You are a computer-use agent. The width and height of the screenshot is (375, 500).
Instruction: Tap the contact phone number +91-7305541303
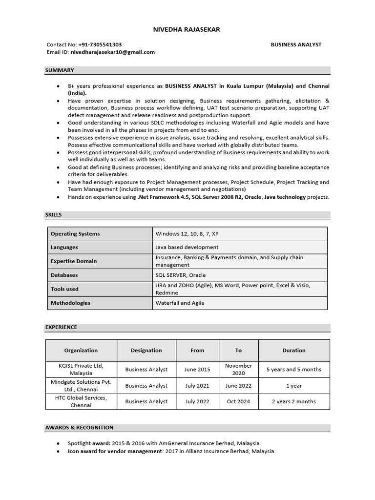pyautogui.click(x=100, y=44)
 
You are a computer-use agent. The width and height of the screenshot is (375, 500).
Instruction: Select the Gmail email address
pyautogui.click(x=112, y=52)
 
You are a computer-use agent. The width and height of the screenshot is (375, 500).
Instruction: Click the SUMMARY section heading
pyautogui.click(x=60, y=70)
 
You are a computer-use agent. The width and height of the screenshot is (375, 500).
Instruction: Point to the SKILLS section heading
pyautogui.click(x=54, y=215)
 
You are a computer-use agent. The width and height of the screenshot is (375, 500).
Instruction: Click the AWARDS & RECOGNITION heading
pyautogui.click(x=79, y=428)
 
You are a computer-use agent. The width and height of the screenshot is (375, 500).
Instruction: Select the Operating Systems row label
pyautogui.click(x=75, y=234)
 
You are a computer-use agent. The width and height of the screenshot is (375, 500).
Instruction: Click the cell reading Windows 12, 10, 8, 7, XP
pyautogui.click(x=187, y=234)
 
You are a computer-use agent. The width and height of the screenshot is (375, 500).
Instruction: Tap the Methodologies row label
pyautogui.click(x=70, y=303)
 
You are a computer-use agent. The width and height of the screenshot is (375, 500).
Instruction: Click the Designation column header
pyautogui.click(x=146, y=350)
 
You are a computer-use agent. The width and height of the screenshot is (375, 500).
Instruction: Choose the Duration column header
pyautogui.click(x=294, y=350)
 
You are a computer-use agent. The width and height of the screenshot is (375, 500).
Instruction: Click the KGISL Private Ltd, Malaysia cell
pyautogui.click(x=81, y=369)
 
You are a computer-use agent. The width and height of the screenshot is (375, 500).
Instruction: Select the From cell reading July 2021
pyautogui.click(x=197, y=386)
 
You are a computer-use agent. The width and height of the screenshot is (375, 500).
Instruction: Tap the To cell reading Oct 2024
pyautogui.click(x=238, y=401)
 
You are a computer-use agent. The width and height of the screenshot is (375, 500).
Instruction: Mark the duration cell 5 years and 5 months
pyautogui.click(x=294, y=370)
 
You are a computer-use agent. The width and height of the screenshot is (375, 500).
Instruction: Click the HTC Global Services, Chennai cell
pyautogui.click(x=81, y=401)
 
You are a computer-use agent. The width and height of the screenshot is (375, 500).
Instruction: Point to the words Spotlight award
pyautogui.click(x=89, y=443)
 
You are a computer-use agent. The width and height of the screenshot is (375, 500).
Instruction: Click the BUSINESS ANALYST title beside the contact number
pyautogui.click(x=296, y=44)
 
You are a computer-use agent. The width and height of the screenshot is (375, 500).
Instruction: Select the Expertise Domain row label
pyautogui.click(x=74, y=261)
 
